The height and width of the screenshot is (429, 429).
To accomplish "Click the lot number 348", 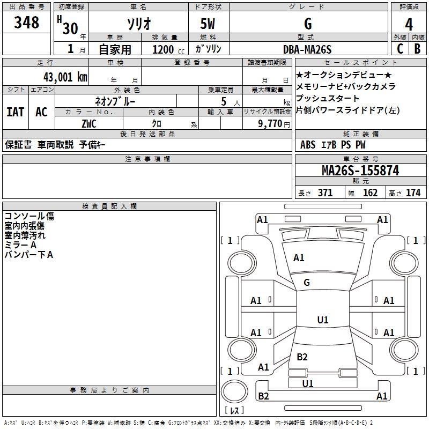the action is tap(27, 23).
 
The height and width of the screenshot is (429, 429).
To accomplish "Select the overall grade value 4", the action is tap(409, 24).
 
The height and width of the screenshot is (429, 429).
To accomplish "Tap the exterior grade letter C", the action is tap(400, 48).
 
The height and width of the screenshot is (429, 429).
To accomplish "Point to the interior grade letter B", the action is tap(418, 48).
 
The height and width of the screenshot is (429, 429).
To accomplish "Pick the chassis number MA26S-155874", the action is tap(360, 171).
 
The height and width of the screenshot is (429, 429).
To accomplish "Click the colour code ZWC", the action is tap(88, 123).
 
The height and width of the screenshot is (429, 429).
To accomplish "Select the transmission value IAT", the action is tap(15, 112).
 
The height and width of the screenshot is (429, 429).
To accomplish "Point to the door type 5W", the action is tap(209, 24).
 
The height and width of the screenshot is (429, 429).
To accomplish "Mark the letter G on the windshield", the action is tap(307, 283).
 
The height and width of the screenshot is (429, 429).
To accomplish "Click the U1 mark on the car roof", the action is tap(323, 320).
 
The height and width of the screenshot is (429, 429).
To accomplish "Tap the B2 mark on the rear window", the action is tap(302, 357).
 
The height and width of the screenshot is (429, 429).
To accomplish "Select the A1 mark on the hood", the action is tap(299, 258).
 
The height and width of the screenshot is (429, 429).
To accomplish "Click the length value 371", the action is tap(325, 193).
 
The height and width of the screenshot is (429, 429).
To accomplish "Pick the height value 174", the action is tap(413, 193).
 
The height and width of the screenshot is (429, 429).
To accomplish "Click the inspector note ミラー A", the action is tap(20, 245).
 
